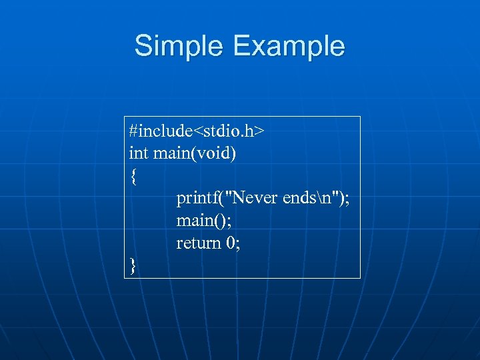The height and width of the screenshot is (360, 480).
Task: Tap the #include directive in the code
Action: pos(159,131)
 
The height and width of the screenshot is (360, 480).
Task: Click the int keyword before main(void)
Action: pos(138,153)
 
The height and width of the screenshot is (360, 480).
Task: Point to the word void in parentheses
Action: pos(213,153)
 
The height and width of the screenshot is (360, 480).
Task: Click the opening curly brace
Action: pos(133,177)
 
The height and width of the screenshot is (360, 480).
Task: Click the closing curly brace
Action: pos(133,266)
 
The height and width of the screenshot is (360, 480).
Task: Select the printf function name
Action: pos(197,198)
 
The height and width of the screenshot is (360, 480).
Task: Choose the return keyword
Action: pos(198,243)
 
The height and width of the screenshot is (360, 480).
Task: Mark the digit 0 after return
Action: pos(230,243)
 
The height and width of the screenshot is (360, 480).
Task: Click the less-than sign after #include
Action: pos(198,132)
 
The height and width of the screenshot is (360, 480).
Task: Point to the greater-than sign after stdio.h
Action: pos(259,132)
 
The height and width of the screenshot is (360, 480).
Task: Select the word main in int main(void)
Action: pos(171,153)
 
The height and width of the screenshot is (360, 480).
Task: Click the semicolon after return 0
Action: pos(238,245)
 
